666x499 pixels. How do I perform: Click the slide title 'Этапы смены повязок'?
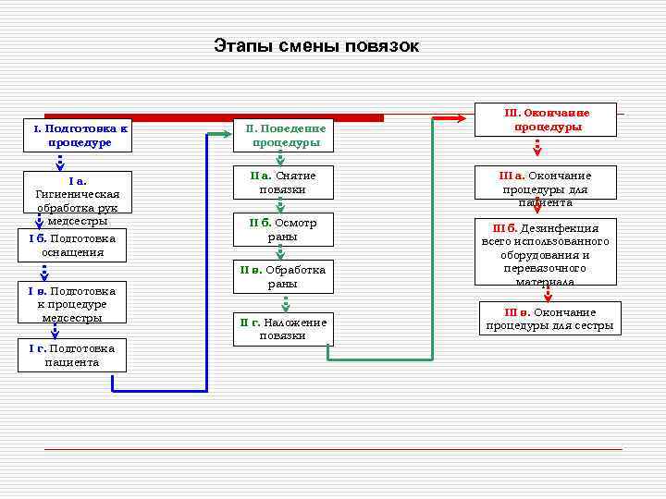click(316, 46)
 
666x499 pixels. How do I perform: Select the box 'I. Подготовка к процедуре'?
click(73, 136)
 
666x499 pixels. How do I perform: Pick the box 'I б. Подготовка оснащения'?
click(73, 245)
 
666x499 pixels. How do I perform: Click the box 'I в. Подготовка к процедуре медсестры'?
click(73, 304)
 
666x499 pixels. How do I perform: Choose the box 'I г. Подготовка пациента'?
click(73, 355)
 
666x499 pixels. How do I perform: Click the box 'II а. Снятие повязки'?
click(282, 182)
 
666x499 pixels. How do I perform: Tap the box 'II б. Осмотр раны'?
click(282, 229)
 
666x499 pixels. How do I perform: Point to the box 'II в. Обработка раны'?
click(282, 276)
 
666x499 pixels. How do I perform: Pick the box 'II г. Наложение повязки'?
click(282, 329)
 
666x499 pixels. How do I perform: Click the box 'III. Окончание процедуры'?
click(546, 119)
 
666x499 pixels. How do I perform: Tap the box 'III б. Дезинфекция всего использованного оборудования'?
click(546, 253)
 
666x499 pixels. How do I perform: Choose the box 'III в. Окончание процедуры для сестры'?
click(549, 319)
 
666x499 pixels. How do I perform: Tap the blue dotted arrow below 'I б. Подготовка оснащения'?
click(43, 273)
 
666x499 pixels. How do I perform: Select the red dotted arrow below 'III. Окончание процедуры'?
click(537, 148)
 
